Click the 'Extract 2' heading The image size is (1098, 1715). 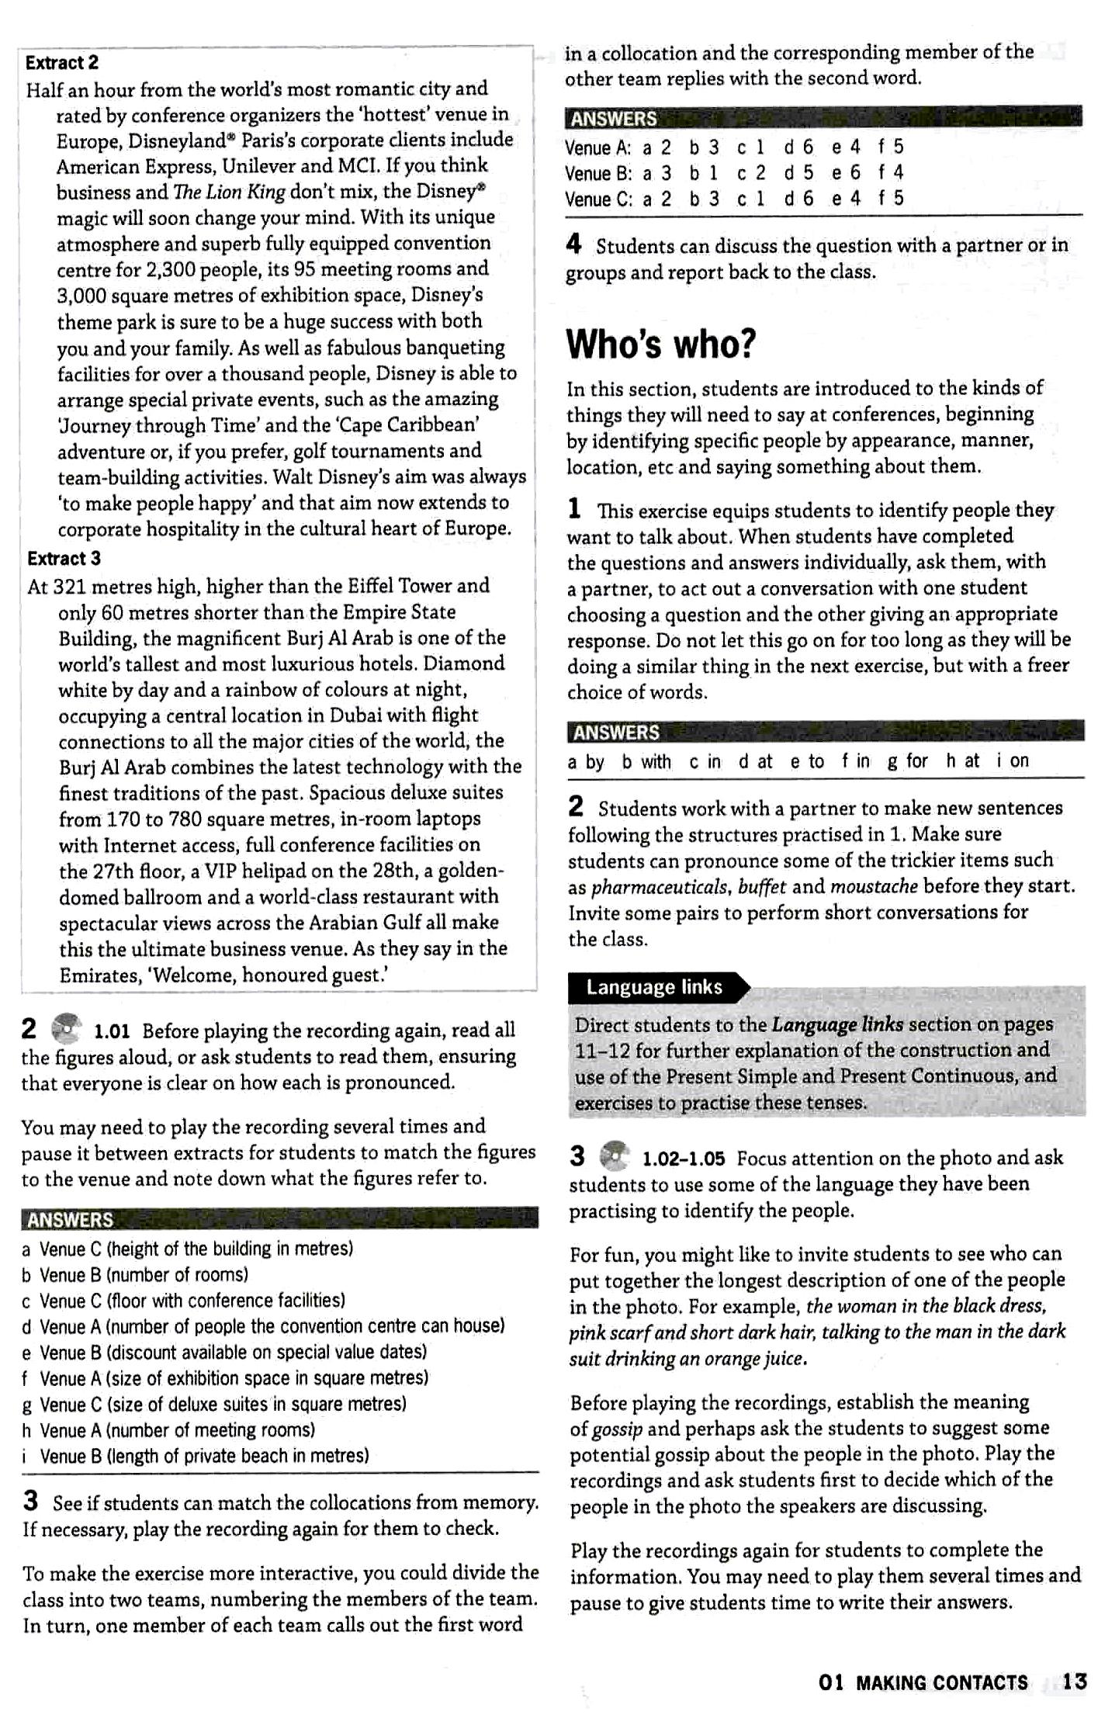[62, 63]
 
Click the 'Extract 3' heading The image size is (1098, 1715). [64, 559]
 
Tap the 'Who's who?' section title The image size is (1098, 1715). [660, 345]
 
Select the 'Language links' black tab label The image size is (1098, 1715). [654, 987]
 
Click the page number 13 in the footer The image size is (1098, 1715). [1075, 1682]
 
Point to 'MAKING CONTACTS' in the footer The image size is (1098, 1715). [941, 1682]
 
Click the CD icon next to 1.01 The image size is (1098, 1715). [66, 1029]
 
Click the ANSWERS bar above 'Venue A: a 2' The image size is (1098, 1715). [823, 118]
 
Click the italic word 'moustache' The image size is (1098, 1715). [874, 886]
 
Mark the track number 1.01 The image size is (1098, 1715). [112, 1031]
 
